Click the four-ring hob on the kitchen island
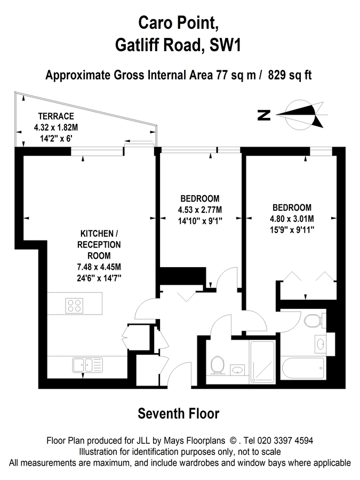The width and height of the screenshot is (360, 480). click(x=74, y=306)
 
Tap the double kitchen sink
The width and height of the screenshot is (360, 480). click(x=87, y=365)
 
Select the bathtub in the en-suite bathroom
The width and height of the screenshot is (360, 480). click(x=302, y=368)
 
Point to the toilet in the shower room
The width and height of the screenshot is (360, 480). click(x=218, y=365)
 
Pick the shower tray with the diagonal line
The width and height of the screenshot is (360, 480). click(x=262, y=362)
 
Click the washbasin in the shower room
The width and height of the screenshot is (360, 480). click(x=237, y=370)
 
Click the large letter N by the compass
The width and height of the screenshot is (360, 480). click(x=264, y=115)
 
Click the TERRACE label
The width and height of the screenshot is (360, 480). click(x=56, y=116)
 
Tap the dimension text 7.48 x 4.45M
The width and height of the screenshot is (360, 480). click(x=99, y=267)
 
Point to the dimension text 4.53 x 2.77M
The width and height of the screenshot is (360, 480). click(x=200, y=210)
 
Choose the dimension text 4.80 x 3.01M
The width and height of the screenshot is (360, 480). click(x=292, y=219)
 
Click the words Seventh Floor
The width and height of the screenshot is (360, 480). click(x=179, y=413)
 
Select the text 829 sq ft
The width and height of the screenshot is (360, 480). click(x=290, y=75)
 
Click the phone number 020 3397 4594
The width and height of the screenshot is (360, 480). click(x=285, y=441)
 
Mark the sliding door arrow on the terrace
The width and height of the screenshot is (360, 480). click(x=139, y=141)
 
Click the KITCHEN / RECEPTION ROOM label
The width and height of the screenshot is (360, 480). click(x=99, y=245)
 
